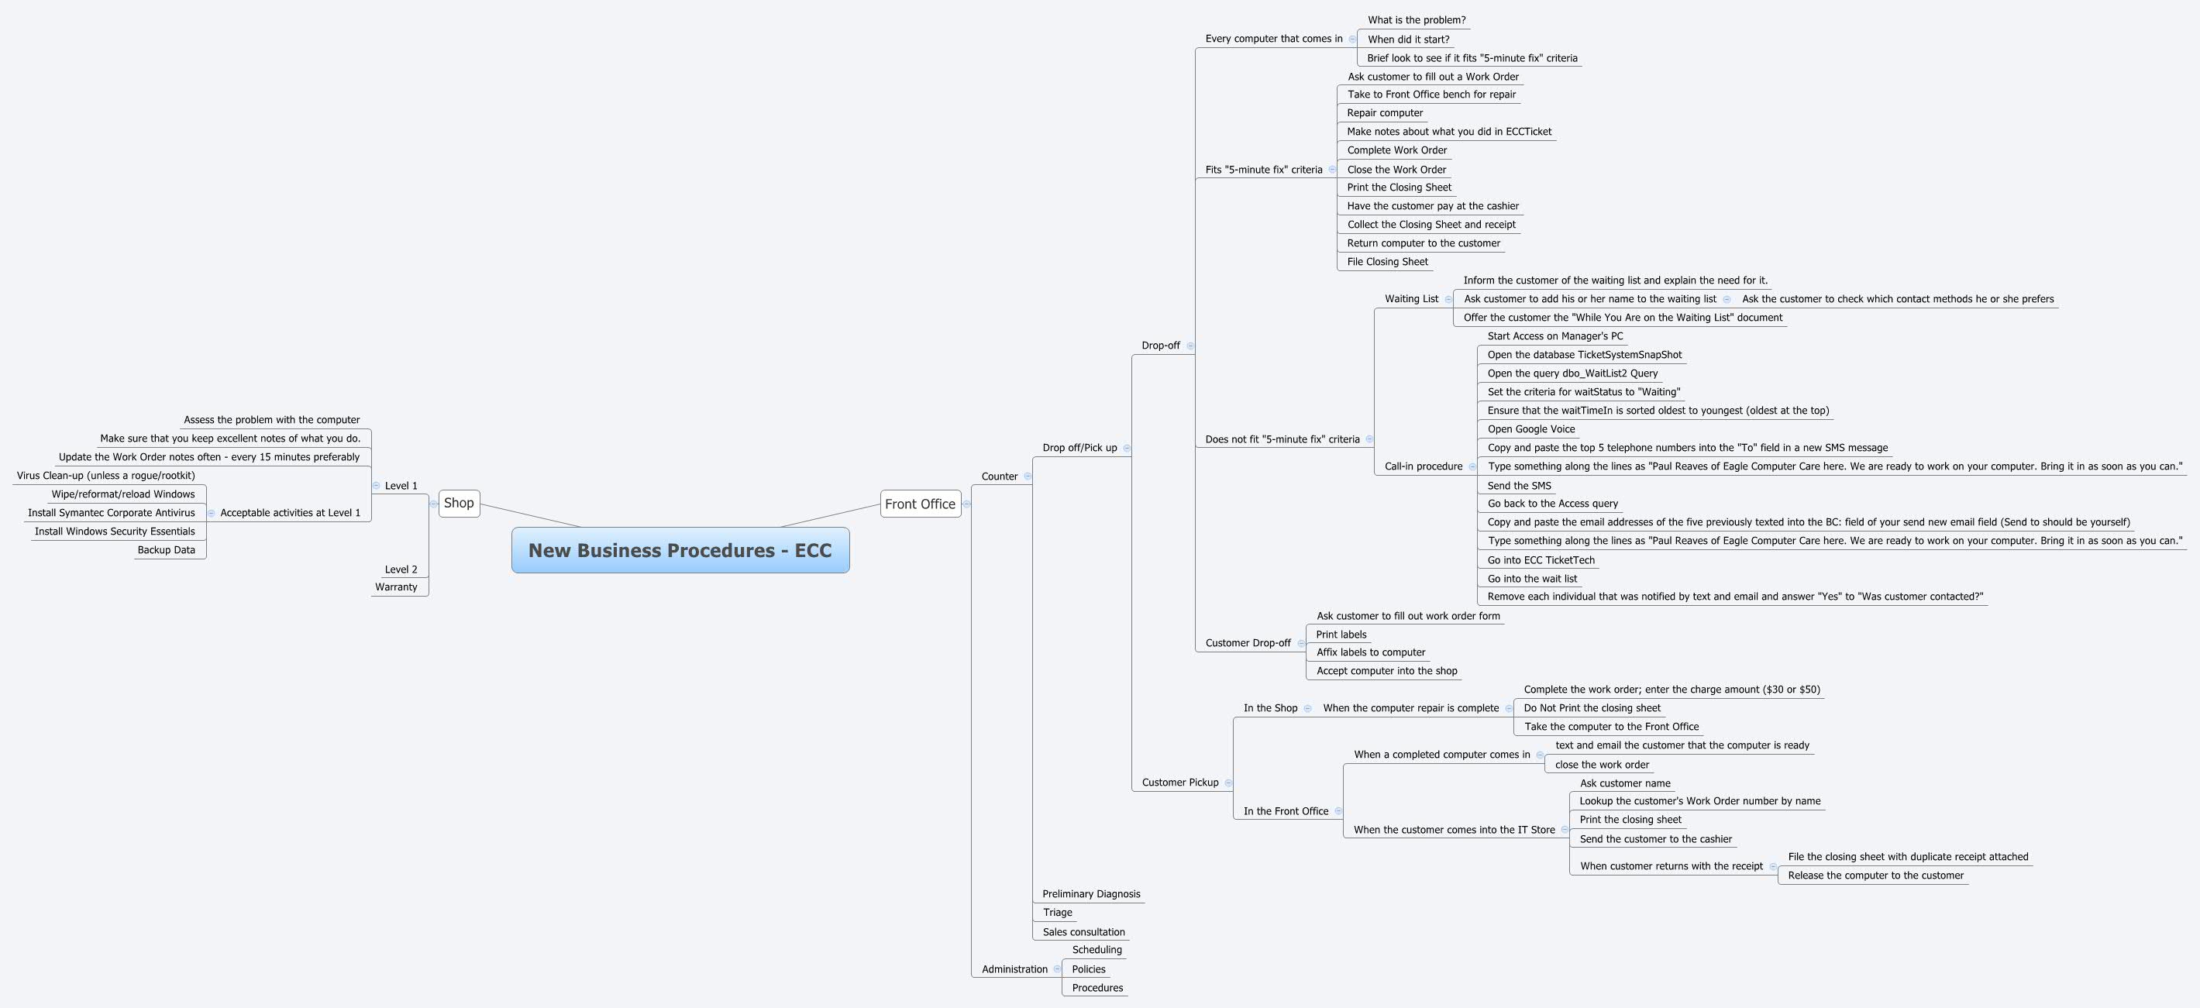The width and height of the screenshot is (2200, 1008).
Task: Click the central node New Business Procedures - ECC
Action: pyautogui.click(x=680, y=550)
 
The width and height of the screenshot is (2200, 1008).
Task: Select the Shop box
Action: pyautogui.click(x=459, y=503)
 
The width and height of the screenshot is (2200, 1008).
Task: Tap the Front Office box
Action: pyautogui.click(x=920, y=504)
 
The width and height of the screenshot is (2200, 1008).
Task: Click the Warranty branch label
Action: pyautogui.click(x=396, y=587)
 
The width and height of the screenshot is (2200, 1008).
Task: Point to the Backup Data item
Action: pyautogui.click(x=167, y=550)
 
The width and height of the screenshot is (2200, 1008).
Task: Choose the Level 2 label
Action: pyautogui.click(x=401, y=569)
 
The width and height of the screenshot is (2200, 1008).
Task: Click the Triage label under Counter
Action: pyautogui.click(x=1057, y=913)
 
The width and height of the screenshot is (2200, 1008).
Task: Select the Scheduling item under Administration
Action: pyautogui.click(x=1097, y=950)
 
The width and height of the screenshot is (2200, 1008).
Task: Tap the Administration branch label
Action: pyautogui.click(x=1014, y=969)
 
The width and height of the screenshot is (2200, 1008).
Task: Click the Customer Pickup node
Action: pyautogui.click(x=1179, y=783)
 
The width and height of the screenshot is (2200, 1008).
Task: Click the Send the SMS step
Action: pyautogui.click(x=1520, y=486)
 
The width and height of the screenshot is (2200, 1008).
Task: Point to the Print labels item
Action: pyautogui.click(x=1341, y=635)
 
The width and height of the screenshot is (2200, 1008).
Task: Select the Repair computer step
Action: pyautogui.click(x=1386, y=113)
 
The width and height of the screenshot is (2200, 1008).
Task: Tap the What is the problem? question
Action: pyautogui.click(x=1416, y=20)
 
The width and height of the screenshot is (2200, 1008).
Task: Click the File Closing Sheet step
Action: pyautogui.click(x=1388, y=262)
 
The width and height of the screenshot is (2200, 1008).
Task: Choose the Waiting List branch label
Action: pyautogui.click(x=1412, y=299)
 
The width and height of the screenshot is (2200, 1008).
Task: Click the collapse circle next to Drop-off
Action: pyautogui.click(x=1190, y=346)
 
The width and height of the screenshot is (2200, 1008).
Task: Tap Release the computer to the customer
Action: pyautogui.click(x=1875, y=876)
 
